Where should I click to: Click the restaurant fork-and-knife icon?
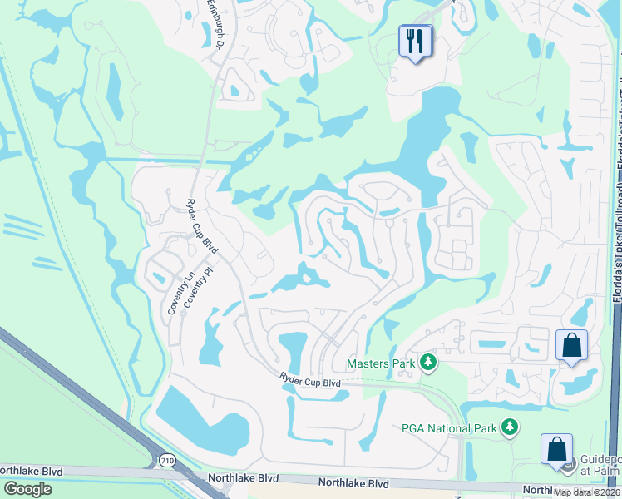pos(416,40)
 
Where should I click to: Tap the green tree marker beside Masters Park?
pos(428,362)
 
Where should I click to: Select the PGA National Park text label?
pos(449,427)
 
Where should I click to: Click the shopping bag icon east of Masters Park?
pos(571,345)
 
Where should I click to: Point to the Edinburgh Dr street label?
pos(213,25)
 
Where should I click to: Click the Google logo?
pos(27,489)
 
